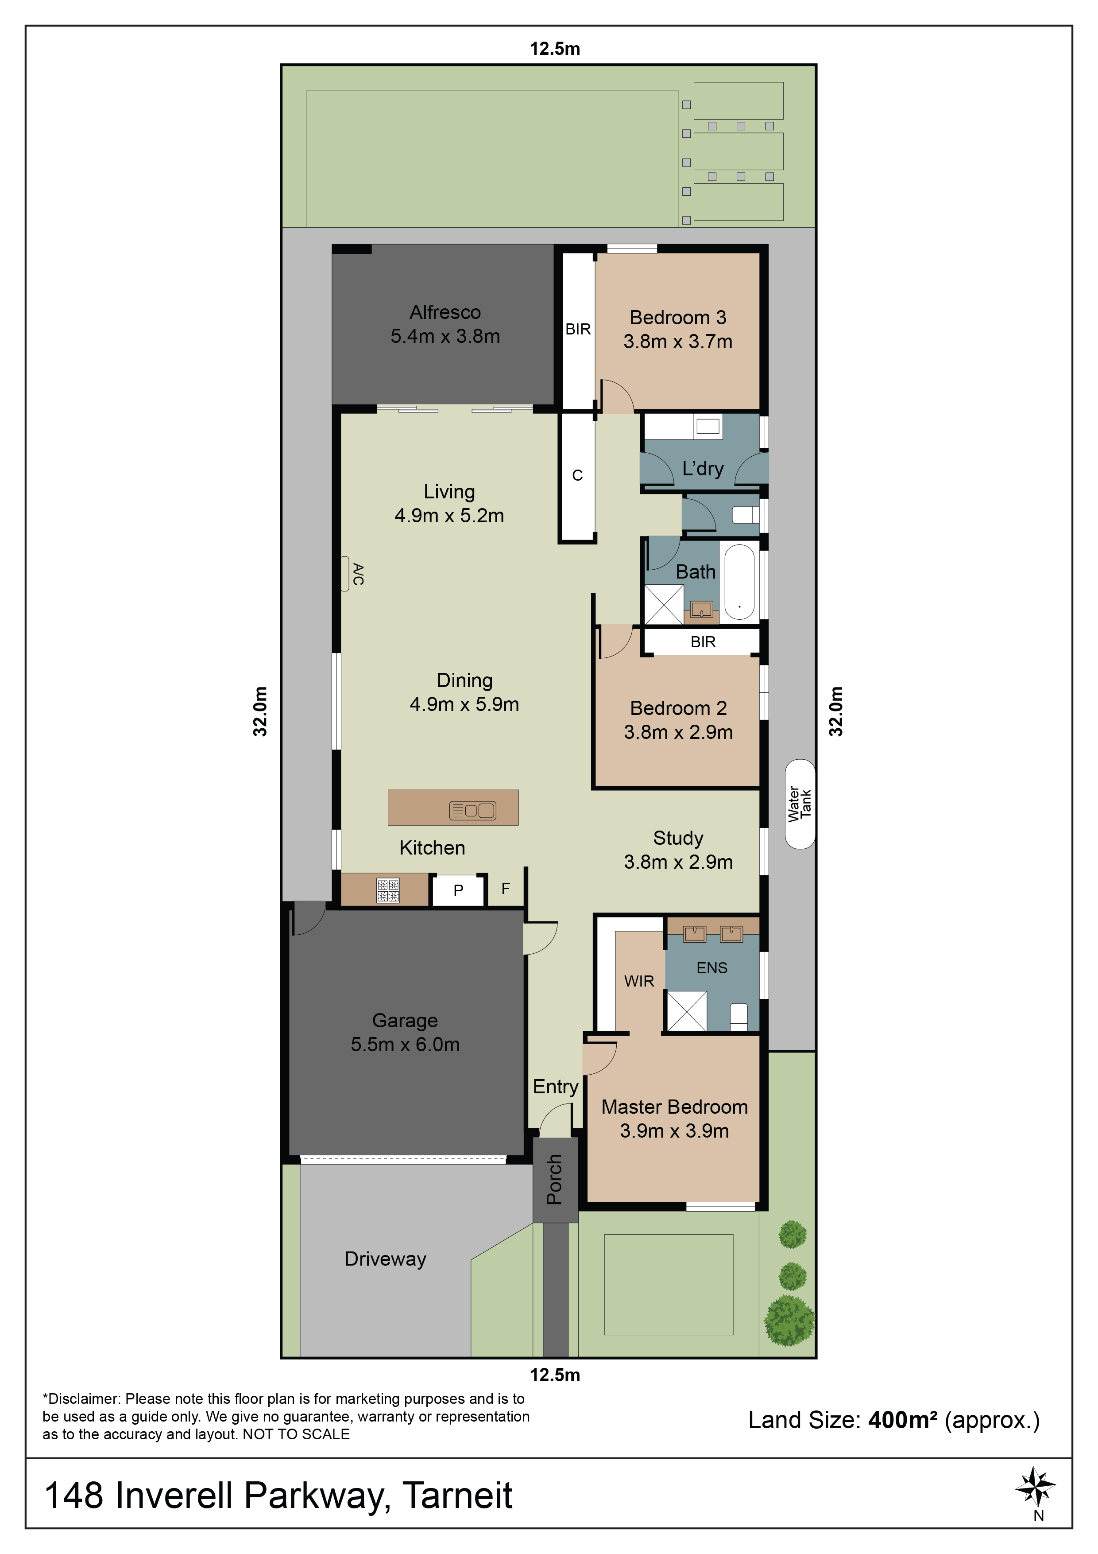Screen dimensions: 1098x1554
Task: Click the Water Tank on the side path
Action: pos(800,804)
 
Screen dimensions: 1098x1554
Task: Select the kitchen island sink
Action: pos(473,810)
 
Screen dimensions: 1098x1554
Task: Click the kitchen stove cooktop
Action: pos(388,890)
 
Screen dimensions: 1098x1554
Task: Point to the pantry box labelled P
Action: pos(459,890)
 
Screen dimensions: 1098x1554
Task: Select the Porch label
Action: pos(555,1179)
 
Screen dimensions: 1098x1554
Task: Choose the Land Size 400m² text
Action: pos(894,1419)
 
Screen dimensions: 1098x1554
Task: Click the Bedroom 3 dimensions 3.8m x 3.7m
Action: pos(678,342)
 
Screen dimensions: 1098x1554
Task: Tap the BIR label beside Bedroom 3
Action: pos(578,329)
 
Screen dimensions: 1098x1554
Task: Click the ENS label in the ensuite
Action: pos(711,968)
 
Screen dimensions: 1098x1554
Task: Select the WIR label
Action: pos(639,981)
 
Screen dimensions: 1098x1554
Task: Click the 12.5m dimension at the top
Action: pos(555,49)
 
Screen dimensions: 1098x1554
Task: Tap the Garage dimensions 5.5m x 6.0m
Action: pos(405,1045)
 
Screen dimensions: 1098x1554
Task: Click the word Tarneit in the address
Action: pos(457,1495)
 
